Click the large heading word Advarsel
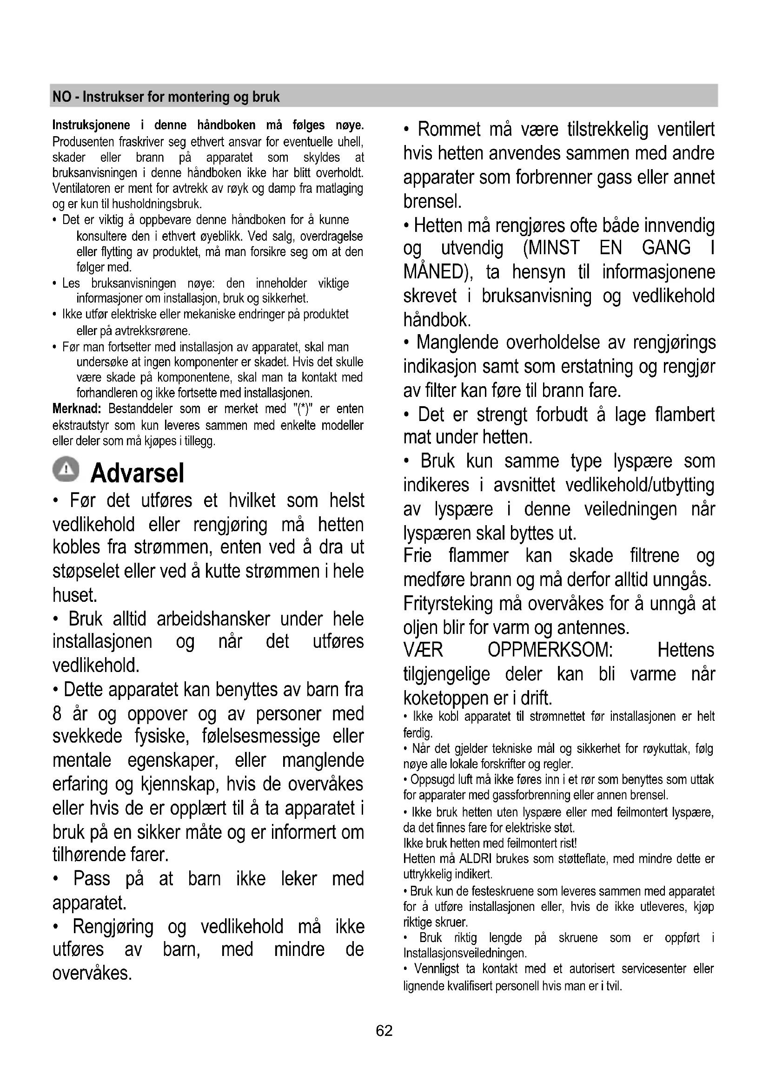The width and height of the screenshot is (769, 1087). click(x=137, y=473)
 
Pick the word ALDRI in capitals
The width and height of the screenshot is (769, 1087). click(x=476, y=858)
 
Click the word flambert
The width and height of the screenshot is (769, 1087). click(x=685, y=415)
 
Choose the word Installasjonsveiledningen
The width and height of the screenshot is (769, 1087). click(x=464, y=953)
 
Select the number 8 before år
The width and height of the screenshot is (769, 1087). click(x=57, y=713)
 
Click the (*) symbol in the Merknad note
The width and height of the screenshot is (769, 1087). click(x=301, y=409)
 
